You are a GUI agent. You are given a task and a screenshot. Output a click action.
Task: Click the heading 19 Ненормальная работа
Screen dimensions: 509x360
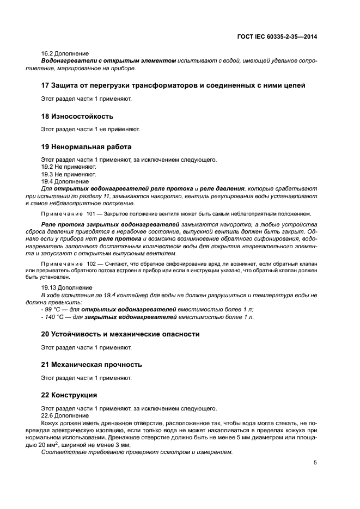pos(86,147)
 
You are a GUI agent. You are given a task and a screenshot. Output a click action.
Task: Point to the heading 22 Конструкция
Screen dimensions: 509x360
pos(69,395)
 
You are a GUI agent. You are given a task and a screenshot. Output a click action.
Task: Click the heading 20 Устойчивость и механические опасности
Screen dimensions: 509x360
pos(120,334)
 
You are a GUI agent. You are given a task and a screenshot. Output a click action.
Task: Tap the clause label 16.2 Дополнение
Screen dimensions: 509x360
pos(65,54)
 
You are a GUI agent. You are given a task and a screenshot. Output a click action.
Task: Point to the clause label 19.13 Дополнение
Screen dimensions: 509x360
pos(66,287)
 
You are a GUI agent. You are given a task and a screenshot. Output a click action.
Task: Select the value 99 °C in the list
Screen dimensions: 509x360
pos(54,309)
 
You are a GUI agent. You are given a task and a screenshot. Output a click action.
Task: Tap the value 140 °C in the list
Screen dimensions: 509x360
pos(56,317)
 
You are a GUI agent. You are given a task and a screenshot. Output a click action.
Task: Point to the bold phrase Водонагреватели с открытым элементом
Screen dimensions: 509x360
pos(108,61)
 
